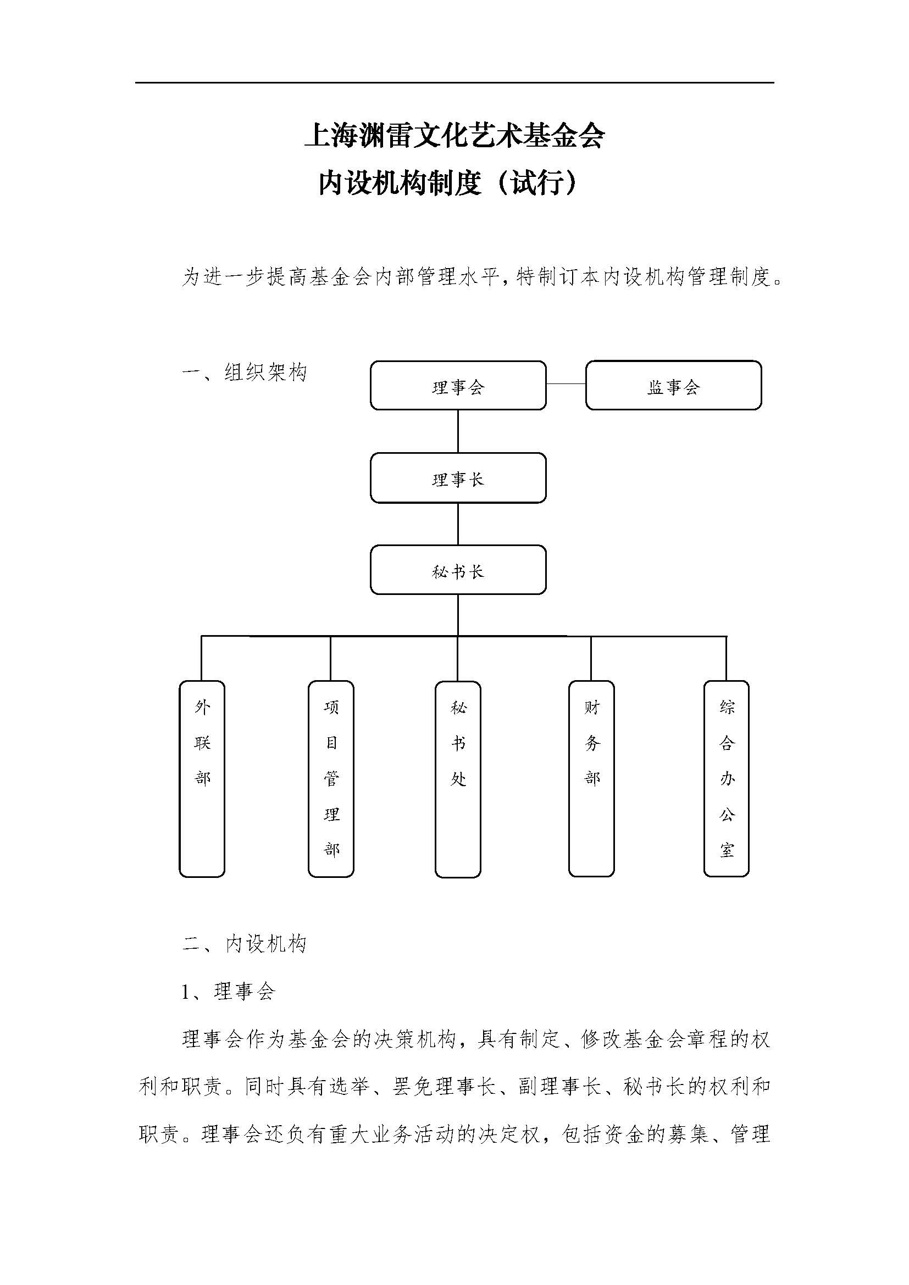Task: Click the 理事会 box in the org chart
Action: point(458,385)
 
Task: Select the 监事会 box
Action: point(673,385)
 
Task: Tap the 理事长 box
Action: point(458,477)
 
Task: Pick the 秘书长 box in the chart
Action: point(458,570)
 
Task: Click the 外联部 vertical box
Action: point(202,778)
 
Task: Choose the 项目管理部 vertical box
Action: point(331,778)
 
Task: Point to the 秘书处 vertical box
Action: point(458,778)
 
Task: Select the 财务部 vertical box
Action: point(591,778)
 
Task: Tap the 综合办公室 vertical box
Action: point(726,778)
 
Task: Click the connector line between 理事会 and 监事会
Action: point(566,384)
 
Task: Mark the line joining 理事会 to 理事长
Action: point(458,431)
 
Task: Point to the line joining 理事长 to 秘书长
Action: point(458,524)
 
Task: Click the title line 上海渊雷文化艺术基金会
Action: point(454,136)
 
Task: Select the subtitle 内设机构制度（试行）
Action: point(448,182)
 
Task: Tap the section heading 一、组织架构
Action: point(245,372)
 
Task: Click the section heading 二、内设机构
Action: point(245,944)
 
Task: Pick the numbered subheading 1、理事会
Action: point(229,992)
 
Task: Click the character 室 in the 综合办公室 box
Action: point(727,850)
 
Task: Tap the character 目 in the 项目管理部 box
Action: point(331,743)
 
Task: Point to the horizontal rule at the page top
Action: point(454,83)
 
